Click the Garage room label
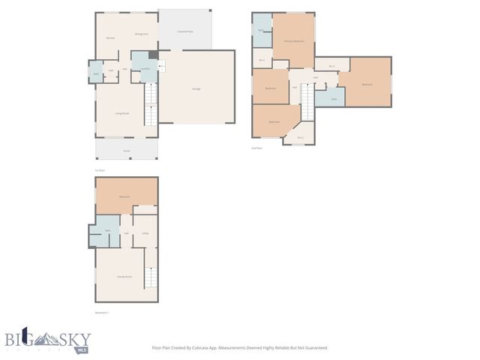[x=196, y=89]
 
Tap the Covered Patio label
[x=184, y=31]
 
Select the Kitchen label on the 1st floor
[x=109, y=37]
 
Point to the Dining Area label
[x=140, y=34]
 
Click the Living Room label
[x=122, y=113]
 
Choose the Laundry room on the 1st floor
[x=145, y=69]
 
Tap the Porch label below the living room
[x=127, y=150]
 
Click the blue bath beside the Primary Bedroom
[x=261, y=30]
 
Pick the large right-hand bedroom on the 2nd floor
[x=367, y=84]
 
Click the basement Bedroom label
[x=125, y=196]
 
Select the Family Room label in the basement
[x=124, y=277]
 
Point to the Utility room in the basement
[x=146, y=233]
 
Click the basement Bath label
[x=108, y=230]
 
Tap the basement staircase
[x=150, y=280]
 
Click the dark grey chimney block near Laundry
[x=153, y=54]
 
